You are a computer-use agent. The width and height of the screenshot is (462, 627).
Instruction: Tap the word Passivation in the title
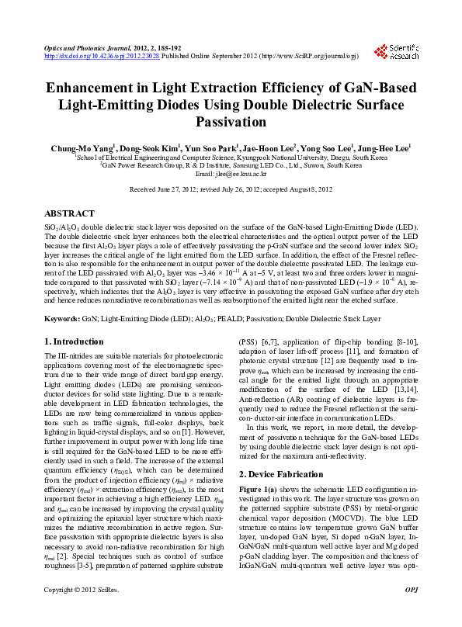[x=231, y=122]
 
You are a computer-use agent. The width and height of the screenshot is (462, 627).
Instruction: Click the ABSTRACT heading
[x=70, y=213]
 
